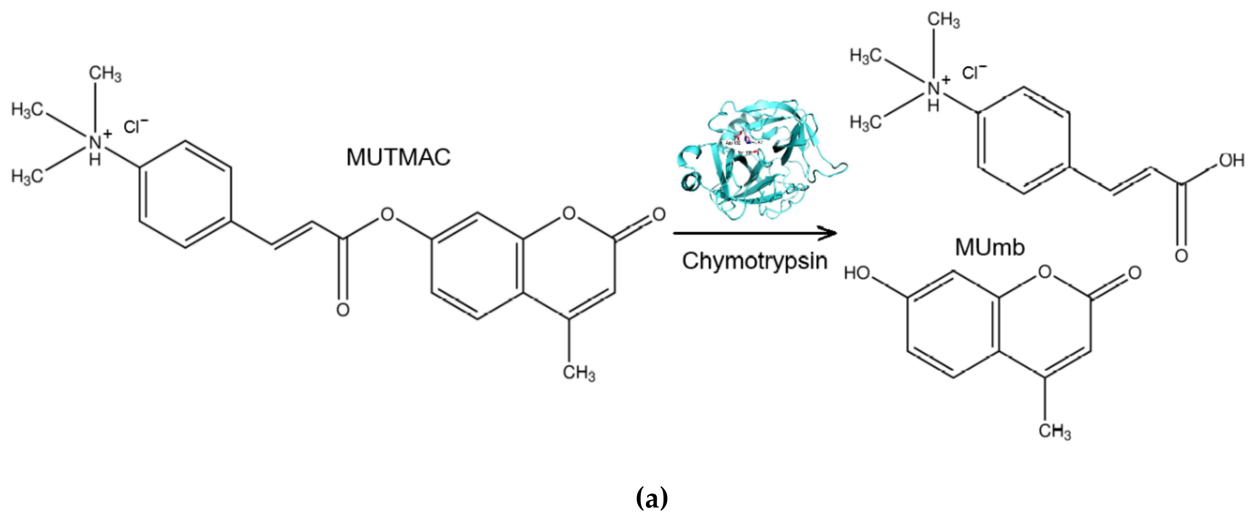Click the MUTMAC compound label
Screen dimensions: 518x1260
[398, 158]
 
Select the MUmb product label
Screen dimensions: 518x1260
[990, 247]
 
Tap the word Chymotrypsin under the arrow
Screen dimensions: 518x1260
[754, 261]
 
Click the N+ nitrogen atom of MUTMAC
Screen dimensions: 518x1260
[96, 142]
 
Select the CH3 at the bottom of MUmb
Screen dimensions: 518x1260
[1055, 432]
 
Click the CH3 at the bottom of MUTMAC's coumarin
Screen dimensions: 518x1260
[579, 373]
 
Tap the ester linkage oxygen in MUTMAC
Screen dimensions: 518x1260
[387, 214]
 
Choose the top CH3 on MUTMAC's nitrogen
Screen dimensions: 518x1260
[105, 74]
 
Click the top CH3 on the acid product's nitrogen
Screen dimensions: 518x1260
[944, 20]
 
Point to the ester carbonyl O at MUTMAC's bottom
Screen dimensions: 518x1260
[342, 309]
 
